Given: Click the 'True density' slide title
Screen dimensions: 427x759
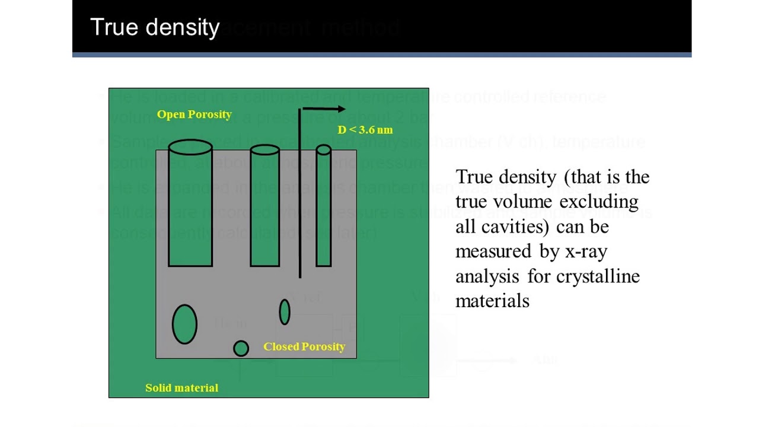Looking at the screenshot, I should coord(155,28).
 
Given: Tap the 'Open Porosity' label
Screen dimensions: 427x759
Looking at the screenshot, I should coord(194,114).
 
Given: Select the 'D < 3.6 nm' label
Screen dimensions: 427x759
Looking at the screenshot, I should coord(365,130).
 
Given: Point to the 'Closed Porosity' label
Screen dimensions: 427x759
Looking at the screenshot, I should coord(304,347).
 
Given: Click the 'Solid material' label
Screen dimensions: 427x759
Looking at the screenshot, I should coord(181,388).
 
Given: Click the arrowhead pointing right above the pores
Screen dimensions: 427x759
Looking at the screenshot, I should coord(341,109).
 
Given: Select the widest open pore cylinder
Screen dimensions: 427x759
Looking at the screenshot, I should coord(190,205).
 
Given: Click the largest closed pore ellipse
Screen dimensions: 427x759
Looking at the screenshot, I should coord(184,324).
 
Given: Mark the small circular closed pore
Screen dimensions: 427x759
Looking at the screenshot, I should coord(241,348).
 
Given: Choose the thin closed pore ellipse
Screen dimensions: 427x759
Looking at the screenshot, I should coord(285,312).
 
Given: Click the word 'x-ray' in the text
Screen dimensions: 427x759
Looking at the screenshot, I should coord(586,251).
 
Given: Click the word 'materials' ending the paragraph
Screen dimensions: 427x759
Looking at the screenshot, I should coord(492,301).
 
